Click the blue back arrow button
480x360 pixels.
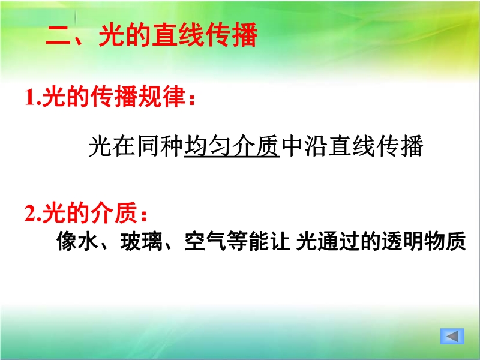(452, 336)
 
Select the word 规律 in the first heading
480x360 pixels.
(161, 97)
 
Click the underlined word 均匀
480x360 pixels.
(208, 146)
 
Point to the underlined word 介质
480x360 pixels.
(256, 146)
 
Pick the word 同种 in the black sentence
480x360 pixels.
(160, 146)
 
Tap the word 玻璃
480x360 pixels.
(141, 241)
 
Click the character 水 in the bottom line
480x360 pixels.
(88, 241)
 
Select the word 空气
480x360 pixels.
(205, 241)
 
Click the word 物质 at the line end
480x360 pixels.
(445, 241)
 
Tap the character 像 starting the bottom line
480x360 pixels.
(67, 241)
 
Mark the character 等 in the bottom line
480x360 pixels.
(238, 241)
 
